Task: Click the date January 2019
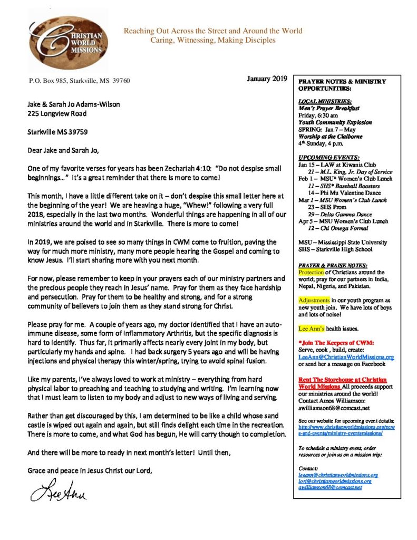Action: pos(266,79)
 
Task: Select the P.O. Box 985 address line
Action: pos(79,81)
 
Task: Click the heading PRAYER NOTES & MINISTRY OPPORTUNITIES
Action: pos(342,85)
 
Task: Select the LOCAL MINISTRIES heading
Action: pos(318,101)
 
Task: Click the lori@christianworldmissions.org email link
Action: pos(335,481)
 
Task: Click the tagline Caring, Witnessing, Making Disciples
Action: pos(213,40)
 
